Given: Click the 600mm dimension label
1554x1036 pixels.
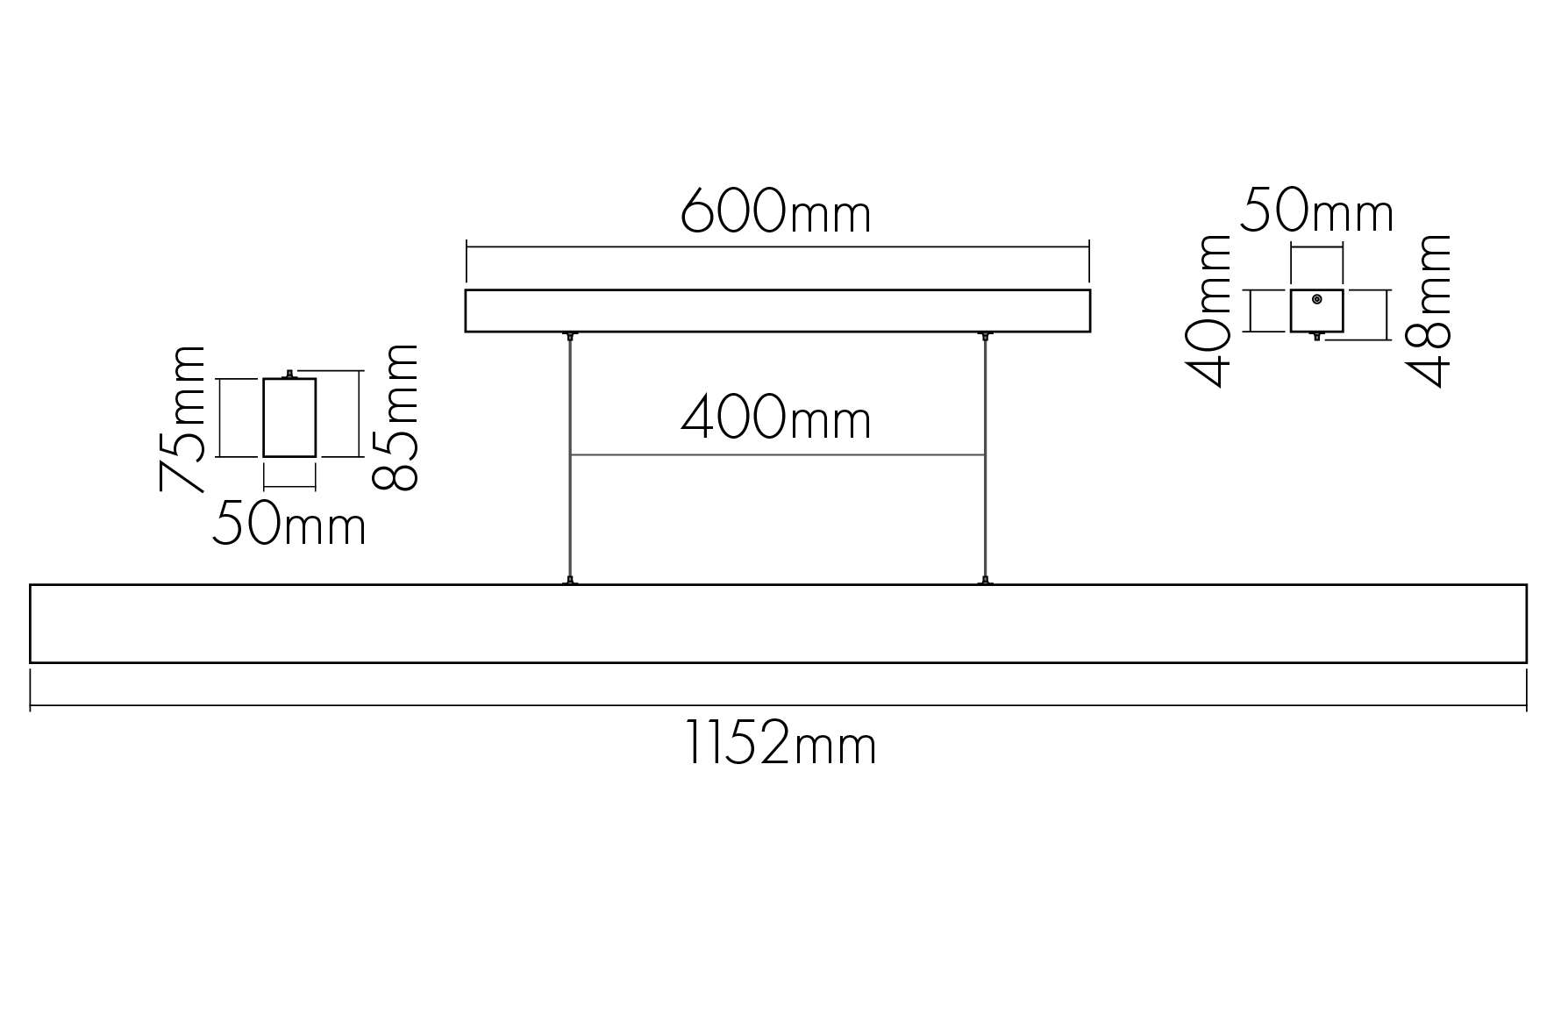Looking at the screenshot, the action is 776,211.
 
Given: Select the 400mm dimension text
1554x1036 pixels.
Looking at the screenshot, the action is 776,418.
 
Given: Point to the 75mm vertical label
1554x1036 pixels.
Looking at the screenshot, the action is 182,418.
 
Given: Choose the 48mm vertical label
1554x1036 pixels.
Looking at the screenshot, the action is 1429,310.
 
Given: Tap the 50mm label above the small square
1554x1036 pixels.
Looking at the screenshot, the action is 1316,211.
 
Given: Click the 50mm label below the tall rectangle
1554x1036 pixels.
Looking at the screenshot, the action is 289,524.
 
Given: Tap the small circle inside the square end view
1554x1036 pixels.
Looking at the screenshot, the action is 1316,299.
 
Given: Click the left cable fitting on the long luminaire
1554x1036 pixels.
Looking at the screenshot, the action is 571,580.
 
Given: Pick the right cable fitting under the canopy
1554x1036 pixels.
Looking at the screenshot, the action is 986,336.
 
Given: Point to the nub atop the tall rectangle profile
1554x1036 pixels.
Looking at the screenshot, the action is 289,375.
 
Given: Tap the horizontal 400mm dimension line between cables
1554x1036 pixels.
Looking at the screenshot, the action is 778,455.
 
